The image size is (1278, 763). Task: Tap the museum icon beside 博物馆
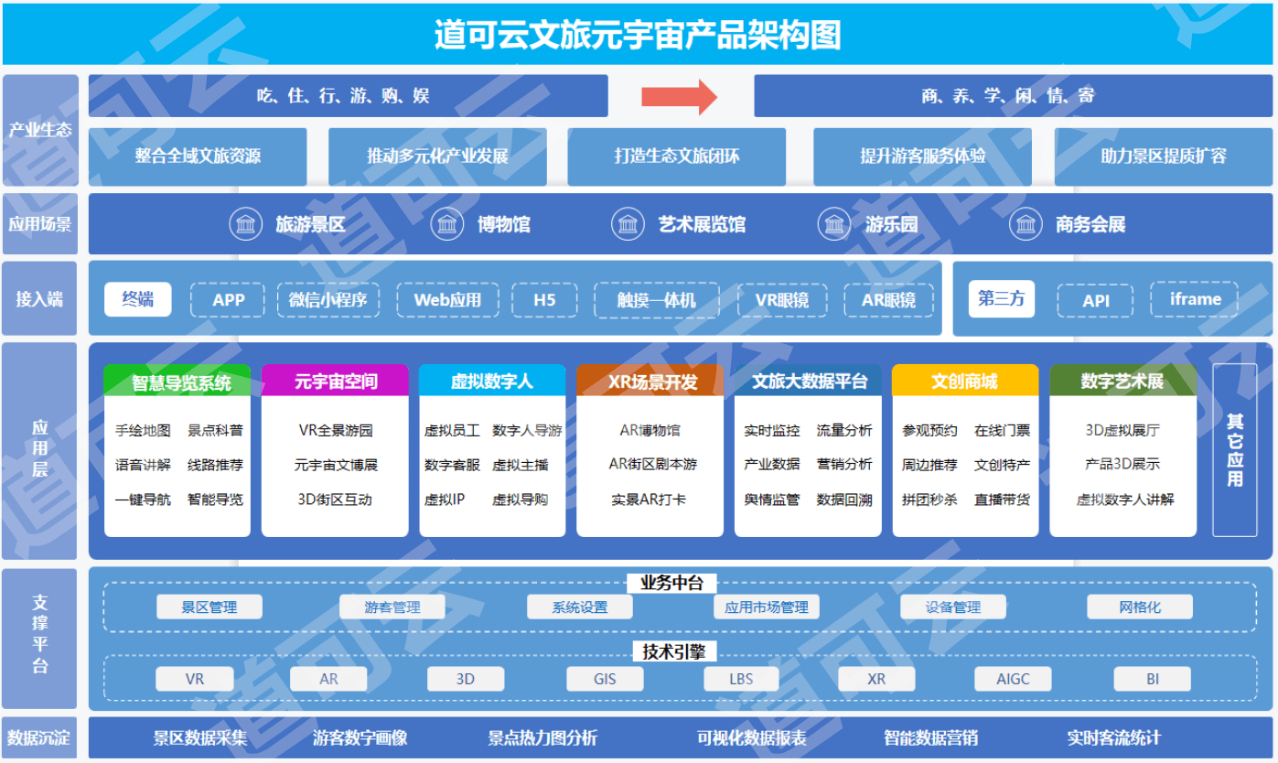447,224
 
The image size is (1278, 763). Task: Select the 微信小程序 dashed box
328,300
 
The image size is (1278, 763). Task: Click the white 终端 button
137,299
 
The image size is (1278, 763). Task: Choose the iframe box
1195,300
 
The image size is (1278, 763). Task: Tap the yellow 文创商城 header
964,381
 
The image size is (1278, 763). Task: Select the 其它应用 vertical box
1235,449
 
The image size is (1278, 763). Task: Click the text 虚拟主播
521,465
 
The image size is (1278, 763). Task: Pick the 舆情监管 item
771,500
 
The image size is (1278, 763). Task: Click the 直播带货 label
1002,500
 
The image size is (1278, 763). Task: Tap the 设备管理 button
953,607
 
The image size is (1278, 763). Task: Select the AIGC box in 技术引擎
1013,679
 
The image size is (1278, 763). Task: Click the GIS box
605,679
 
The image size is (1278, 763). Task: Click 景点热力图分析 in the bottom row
542,737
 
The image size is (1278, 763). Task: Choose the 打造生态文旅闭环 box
676,156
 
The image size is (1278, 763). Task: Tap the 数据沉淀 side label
39,737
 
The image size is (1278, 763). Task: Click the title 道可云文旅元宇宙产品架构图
638,36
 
